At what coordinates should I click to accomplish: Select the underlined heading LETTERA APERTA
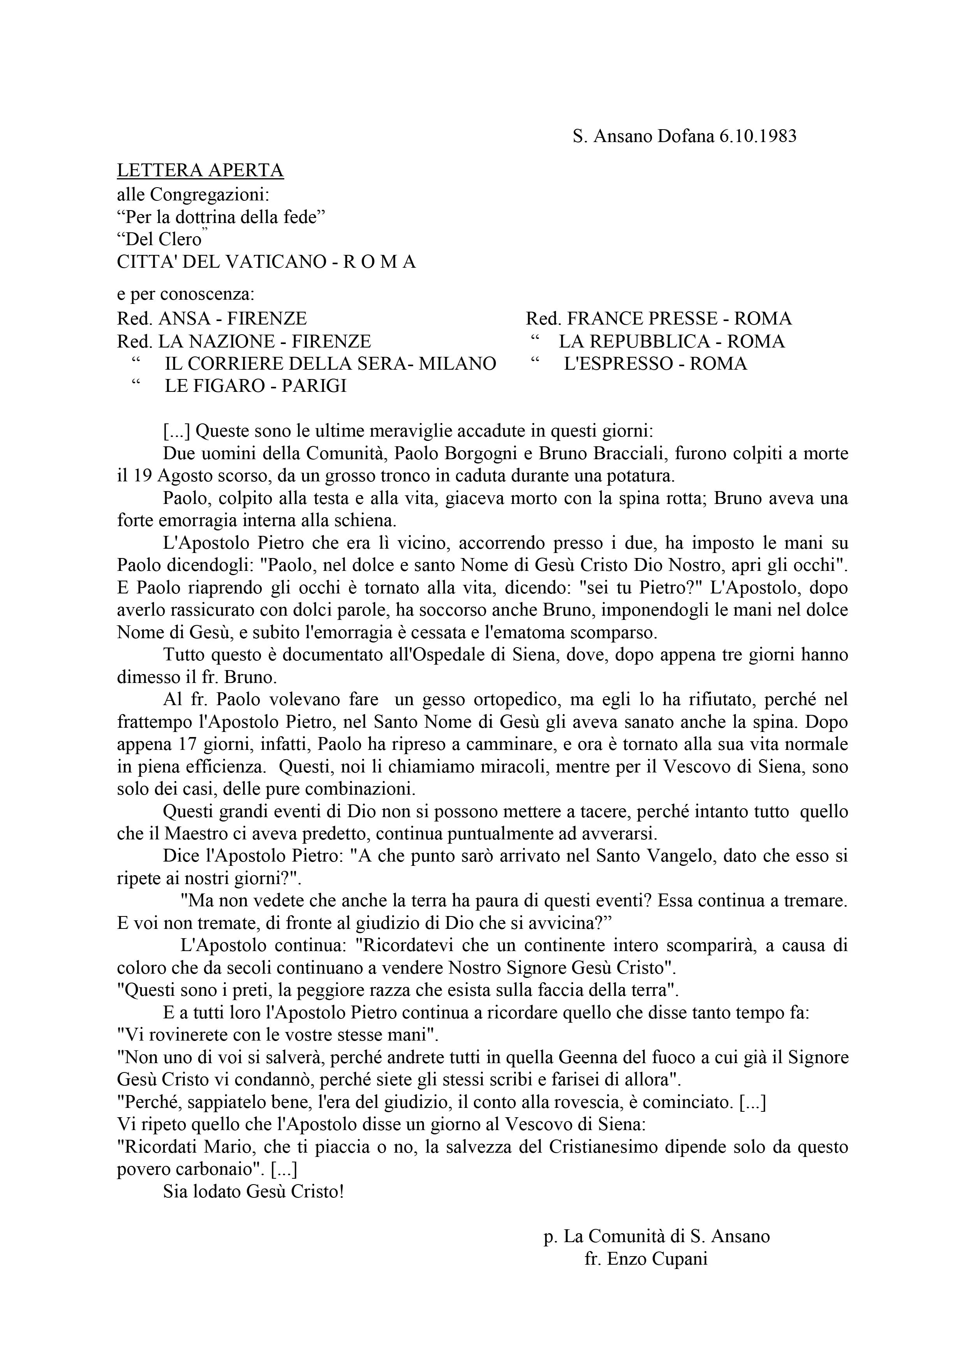tap(200, 171)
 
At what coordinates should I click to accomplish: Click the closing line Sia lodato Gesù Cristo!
tap(254, 1192)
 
